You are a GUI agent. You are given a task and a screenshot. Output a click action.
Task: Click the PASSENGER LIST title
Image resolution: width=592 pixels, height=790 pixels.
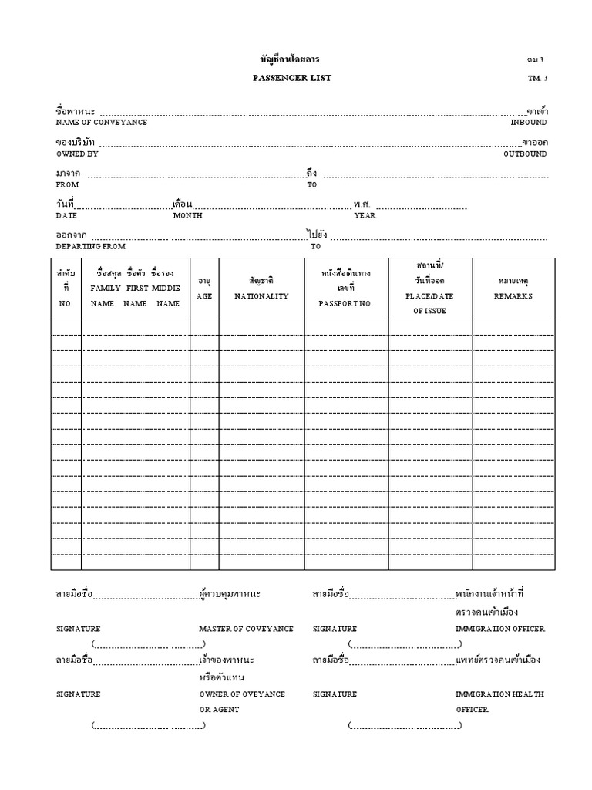pos(291,78)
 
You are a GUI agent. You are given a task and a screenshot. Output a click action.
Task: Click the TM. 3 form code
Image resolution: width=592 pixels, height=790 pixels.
pos(537,79)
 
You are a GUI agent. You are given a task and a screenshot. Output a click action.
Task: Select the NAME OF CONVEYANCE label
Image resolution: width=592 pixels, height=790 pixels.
pos(101,123)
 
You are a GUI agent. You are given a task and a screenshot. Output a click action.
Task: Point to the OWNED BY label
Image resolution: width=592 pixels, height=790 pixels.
pos(76,154)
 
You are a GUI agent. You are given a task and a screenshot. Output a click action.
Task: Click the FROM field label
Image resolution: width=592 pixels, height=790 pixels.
pos(67,185)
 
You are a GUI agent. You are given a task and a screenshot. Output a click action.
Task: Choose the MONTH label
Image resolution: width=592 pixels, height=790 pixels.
pos(187,216)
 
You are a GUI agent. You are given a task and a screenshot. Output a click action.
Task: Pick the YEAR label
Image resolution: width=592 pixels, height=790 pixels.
pos(365,216)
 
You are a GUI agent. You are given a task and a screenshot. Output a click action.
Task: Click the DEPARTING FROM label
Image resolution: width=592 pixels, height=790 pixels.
pos(90,246)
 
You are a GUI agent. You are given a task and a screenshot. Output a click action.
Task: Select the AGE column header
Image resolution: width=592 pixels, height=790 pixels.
pos(204,296)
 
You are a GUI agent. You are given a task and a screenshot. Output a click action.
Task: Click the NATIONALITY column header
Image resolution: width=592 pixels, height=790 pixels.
pos(261,296)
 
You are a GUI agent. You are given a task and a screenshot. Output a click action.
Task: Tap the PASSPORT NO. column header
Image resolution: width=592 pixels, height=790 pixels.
pos(345,304)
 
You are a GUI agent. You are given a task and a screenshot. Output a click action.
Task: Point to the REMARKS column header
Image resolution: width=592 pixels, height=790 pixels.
pos(513,296)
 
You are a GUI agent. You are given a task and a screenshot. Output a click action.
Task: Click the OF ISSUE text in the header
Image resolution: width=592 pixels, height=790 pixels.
pos(429,311)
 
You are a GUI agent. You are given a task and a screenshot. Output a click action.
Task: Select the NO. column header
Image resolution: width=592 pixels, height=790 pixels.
pos(66,304)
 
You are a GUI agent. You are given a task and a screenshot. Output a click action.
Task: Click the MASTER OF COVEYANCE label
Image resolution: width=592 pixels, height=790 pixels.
pos(246,629)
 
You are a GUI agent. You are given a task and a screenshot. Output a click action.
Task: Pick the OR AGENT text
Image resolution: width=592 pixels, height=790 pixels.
pos(219,709)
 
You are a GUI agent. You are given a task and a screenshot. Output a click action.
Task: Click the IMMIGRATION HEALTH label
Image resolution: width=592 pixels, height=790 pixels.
pos(499,694)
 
